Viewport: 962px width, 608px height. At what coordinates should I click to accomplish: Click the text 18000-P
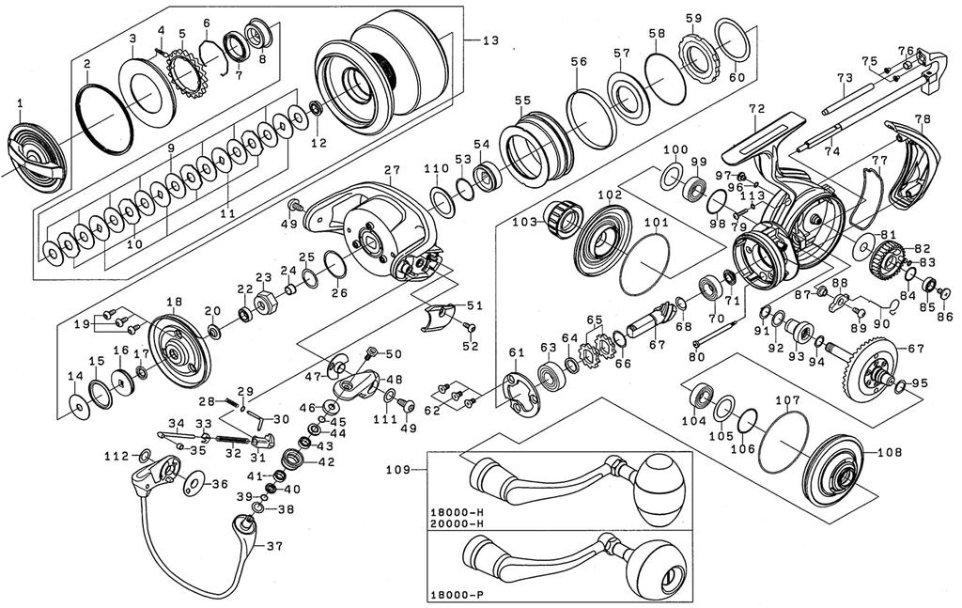point(457,596)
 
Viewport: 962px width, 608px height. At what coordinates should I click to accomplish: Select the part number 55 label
point(522,101)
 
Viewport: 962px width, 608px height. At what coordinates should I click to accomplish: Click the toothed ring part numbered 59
point(697,55)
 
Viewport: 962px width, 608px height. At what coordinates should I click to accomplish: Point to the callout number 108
point(889,451)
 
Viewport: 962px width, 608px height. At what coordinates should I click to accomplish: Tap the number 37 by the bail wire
point(275,546)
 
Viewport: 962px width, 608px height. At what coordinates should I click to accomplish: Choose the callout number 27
point(392,169)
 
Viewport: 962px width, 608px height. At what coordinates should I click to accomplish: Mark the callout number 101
point(656,224)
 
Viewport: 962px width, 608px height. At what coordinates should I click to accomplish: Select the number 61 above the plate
point(514,351)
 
